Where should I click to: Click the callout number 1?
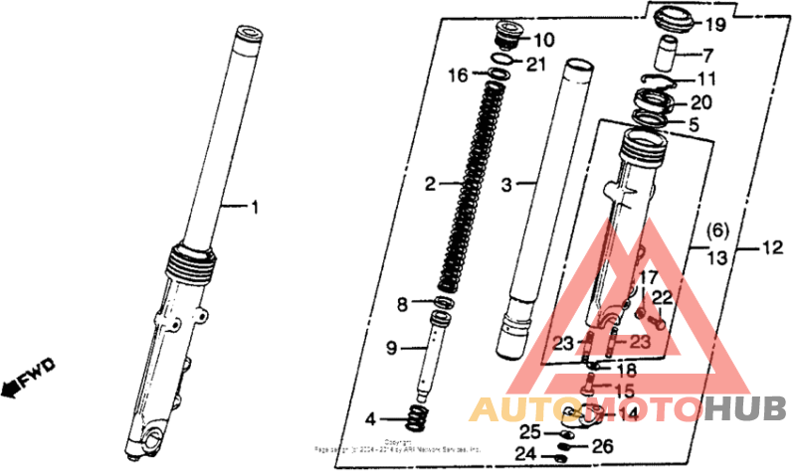254,208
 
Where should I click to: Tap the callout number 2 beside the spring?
430,184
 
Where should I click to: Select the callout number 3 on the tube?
505,185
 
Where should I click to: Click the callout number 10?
544,41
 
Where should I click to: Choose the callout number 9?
392,347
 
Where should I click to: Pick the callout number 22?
663,297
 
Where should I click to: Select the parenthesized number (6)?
717,232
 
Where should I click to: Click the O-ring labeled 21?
505,66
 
